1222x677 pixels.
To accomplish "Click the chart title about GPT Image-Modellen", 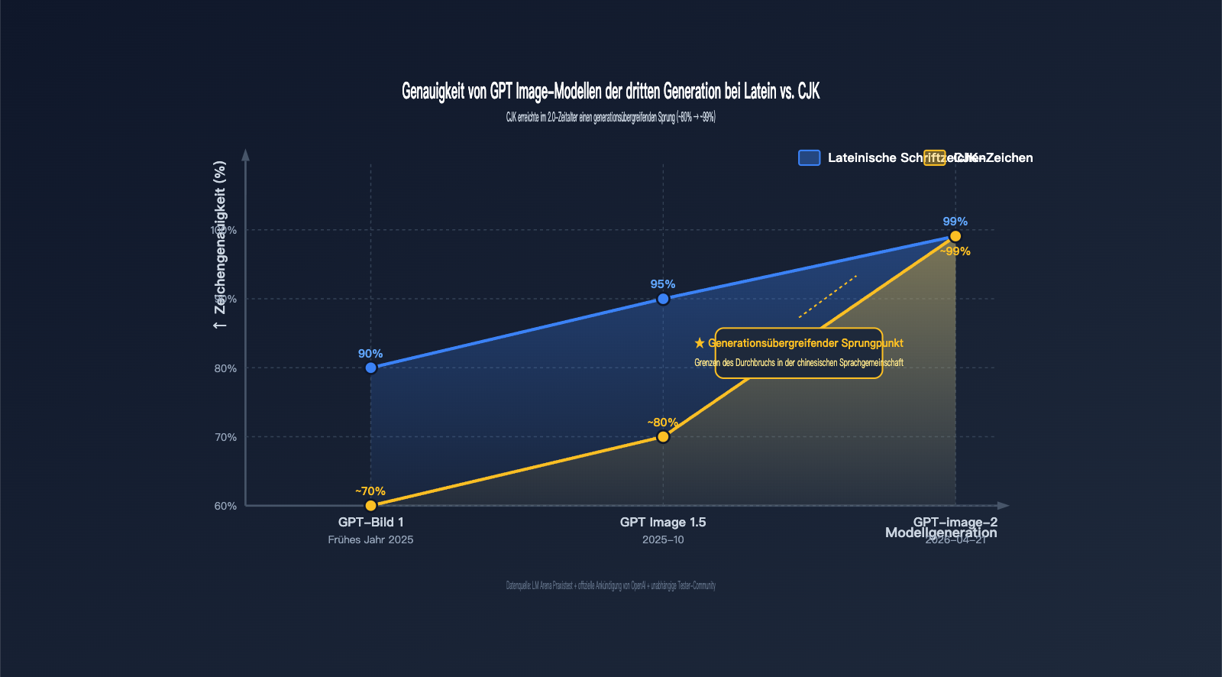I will tap(610, 92).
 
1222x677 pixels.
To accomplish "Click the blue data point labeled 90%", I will tap(371, 368).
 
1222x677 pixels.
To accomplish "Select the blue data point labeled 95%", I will tap(663, 299).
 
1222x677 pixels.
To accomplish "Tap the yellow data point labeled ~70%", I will tap(371, 506).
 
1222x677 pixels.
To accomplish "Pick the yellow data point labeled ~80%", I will tap(663, 437).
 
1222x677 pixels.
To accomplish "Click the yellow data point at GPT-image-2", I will tap(955, 236).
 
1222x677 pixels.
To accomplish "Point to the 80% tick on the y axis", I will tap(225, 368).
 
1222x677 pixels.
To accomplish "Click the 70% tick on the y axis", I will tap(225, 437).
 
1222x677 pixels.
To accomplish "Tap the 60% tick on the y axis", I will tap(225, 506).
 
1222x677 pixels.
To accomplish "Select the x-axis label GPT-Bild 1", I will tap(371, 523).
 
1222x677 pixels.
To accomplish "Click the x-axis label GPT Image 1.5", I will tap(663, 523).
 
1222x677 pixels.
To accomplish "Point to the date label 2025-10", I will tap(663, 540).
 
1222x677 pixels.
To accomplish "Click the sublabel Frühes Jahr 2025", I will tap(371, 540).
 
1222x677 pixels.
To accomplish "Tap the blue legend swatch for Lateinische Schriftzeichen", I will tap(809, 157).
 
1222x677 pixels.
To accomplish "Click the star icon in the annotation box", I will tap(700, 344).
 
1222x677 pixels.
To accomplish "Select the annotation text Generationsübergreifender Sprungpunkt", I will tap(805, 344).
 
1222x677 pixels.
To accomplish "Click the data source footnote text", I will tap(610, 586).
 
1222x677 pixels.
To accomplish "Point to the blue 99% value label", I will tap(955, 222).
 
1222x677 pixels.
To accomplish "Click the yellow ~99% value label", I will tap(955, 251).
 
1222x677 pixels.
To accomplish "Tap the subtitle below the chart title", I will tap(610, 118).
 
